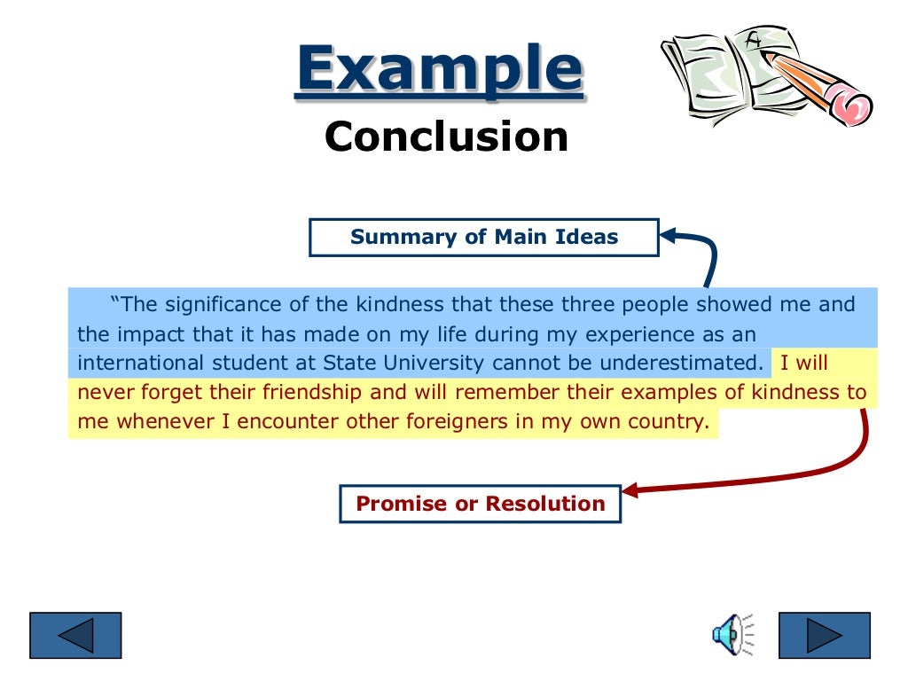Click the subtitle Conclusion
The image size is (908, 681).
(x=446, y=137)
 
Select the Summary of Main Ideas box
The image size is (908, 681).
(x=484, y=238)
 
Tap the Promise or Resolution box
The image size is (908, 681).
(x=481, y=504)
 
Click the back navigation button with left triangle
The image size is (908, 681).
(x=75, y=635)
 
